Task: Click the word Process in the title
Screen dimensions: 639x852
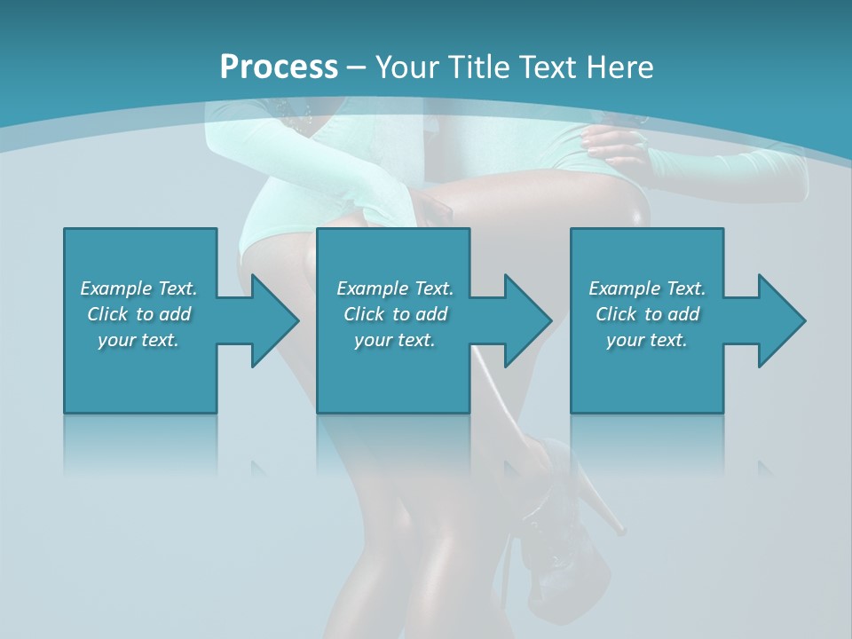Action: pos(279,67)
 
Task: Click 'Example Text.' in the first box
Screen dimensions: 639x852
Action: pos(138,288)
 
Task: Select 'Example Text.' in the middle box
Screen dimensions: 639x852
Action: pos(395,288)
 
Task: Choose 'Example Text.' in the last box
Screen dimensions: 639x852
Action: pos(647,288)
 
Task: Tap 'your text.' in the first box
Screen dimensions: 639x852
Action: pos(138,340)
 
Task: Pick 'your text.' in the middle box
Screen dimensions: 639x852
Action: pos(395,340)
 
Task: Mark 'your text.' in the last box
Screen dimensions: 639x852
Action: pos(647,340)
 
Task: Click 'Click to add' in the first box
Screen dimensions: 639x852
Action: pos(138,314)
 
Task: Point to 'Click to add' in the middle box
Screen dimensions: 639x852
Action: pos(395,314)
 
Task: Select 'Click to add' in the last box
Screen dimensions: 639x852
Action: pos(647,314)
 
